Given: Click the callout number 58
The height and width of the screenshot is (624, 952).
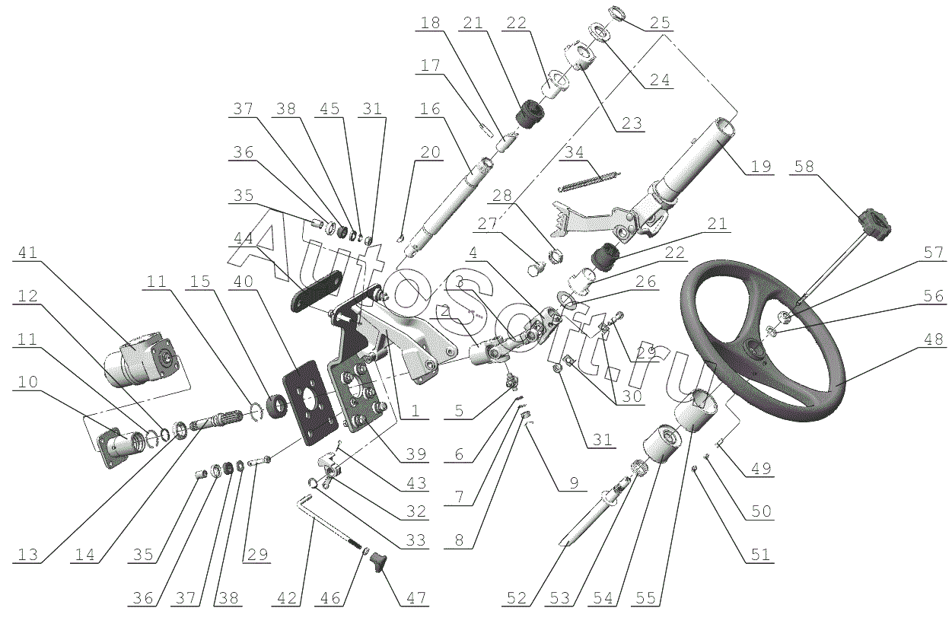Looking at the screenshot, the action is tap(804, 167).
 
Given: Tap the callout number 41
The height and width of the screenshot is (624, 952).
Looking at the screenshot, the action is tap(28, 253).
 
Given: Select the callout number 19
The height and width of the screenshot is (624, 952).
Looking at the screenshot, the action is tap(761, 167).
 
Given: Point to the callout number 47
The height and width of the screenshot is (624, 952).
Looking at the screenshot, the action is tap(416, 598).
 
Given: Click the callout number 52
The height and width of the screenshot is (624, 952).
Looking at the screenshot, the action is tap(517, 598).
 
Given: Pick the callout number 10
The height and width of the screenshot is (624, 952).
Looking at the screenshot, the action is tap(28, 382).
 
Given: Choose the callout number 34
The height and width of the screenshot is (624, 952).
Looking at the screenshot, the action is tap(575, 152).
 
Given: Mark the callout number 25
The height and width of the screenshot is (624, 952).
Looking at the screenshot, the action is tap(660, 23).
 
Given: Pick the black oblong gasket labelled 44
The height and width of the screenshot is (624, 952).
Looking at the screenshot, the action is tap(316, 291).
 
